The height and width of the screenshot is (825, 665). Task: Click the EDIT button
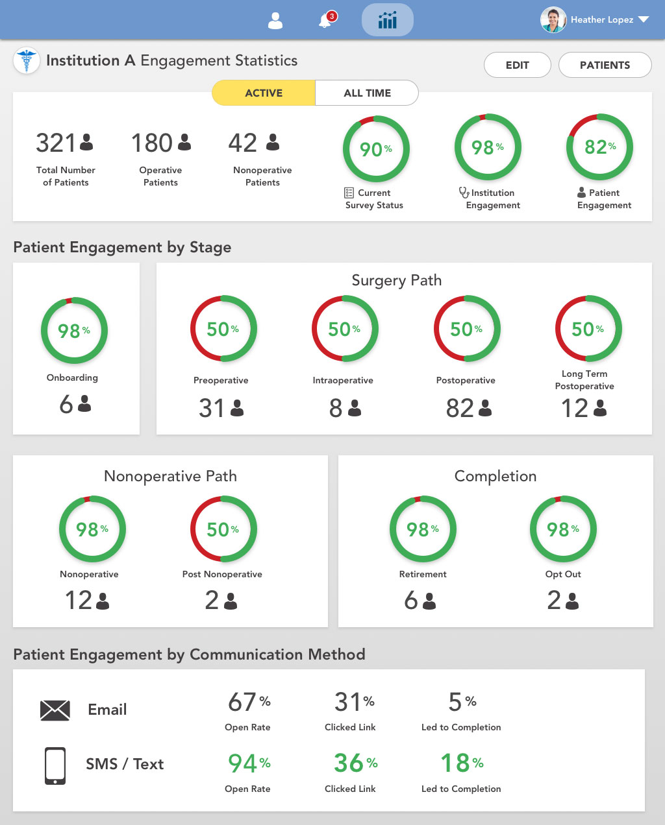pyautogui.click(x=517, y=65)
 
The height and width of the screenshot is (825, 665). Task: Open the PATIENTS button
pyautogui.click(x=605, y=65)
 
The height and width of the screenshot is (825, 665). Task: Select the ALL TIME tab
pyautogui.click(x=367, y=93)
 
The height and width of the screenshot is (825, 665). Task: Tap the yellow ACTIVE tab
pyautogui.click(x=264, y=93)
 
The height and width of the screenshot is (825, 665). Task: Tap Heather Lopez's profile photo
pyautogui.click(x=553, y=19)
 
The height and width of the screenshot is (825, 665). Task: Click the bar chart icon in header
pyautogui.click(x=388, y=20)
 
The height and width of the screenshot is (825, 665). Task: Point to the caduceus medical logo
pyautogui.click(x=27, y=60)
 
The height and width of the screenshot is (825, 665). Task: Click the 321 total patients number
pyautogui.click(x=56, y=143)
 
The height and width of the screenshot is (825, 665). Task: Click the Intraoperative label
pyautogui.click(x=343, y=380)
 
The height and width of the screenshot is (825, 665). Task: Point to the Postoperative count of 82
pyautogui.click(x=460, y=408)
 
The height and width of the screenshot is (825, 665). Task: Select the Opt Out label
pyautogui.click(x=563, y=574)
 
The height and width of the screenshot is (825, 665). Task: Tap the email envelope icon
pyautogui.click(x=55, y=710)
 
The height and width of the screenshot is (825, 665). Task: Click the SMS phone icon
pyautogui.click(x=55, y=765)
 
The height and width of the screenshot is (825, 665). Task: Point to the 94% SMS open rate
pyautogui.click(x=249, y=763)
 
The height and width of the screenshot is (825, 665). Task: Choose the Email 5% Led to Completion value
pyautogui.click(x=462, y=702)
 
